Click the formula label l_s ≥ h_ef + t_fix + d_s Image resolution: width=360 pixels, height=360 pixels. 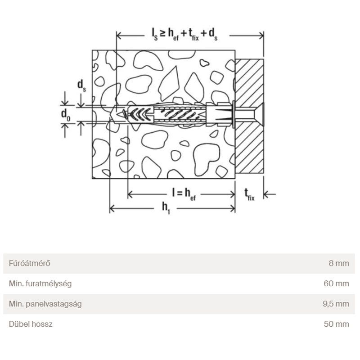coord(184,34)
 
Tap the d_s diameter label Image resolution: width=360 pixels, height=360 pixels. coord(81,85)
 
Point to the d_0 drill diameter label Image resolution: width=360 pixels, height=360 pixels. coord(66,115)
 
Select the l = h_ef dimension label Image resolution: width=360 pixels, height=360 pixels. coord(184,194)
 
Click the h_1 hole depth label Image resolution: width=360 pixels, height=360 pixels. coord(166,208)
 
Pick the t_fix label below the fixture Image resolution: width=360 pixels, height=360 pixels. coord(249,195)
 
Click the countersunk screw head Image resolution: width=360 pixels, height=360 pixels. coord(260,114)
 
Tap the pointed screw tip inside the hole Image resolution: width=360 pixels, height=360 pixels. coord(120,114)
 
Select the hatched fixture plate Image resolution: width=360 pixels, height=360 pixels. coord(249,116)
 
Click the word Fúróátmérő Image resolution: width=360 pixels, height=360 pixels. coord(29,263)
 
